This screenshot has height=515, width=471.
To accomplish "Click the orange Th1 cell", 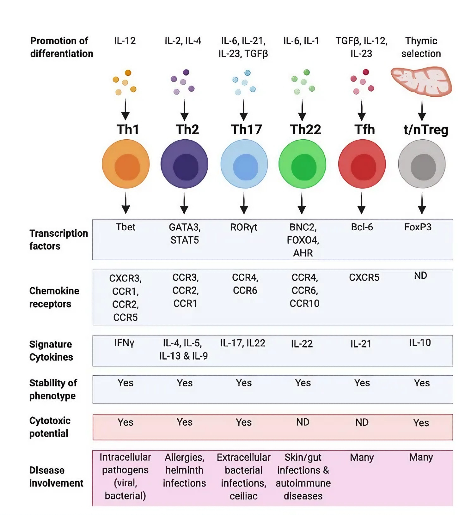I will [125, 164].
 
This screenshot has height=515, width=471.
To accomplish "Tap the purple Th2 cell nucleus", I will [186, 167].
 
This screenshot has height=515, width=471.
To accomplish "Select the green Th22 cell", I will [302, 164].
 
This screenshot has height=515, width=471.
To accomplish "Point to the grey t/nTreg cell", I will [422, 164].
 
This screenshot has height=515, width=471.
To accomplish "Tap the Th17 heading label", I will [246, 130].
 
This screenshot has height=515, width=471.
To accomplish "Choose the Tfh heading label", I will [364, 130].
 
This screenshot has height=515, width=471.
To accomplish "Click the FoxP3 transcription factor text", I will [418, 227].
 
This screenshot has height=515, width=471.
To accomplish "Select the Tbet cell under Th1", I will [125, 227].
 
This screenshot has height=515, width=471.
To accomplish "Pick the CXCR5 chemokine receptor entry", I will [364, 277].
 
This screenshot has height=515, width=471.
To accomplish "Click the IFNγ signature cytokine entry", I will [124, 343].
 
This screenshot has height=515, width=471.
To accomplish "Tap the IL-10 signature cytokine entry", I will [420, 343].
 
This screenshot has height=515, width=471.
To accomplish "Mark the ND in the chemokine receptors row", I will [420, 276].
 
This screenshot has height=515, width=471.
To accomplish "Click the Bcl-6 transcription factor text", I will [362, 227].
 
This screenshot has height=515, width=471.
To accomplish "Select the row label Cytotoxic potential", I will [50, 427].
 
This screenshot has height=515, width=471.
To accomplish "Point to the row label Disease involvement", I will [56, 476].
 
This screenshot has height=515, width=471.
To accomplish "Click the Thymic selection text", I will [421, 47].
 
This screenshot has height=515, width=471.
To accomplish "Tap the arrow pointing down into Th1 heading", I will [125, 110].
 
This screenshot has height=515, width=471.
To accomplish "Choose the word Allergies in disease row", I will [184, 457].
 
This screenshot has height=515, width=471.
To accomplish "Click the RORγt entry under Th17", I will [243, 227].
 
